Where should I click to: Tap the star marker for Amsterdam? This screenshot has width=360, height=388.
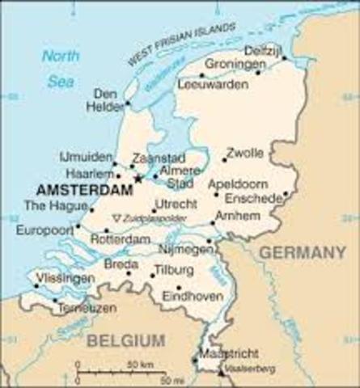click(x=138, y=179)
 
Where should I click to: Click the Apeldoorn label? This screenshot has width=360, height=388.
click(x=237, y=183)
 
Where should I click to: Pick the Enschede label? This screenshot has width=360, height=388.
click(x=254, y=198)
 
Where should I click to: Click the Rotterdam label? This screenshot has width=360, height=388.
click(x=120, y=239)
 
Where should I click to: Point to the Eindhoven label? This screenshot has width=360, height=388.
click(x=193, y=297)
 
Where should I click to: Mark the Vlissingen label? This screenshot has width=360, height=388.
click(x=65, y=277)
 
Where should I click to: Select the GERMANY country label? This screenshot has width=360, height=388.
click(x=301, y=252)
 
